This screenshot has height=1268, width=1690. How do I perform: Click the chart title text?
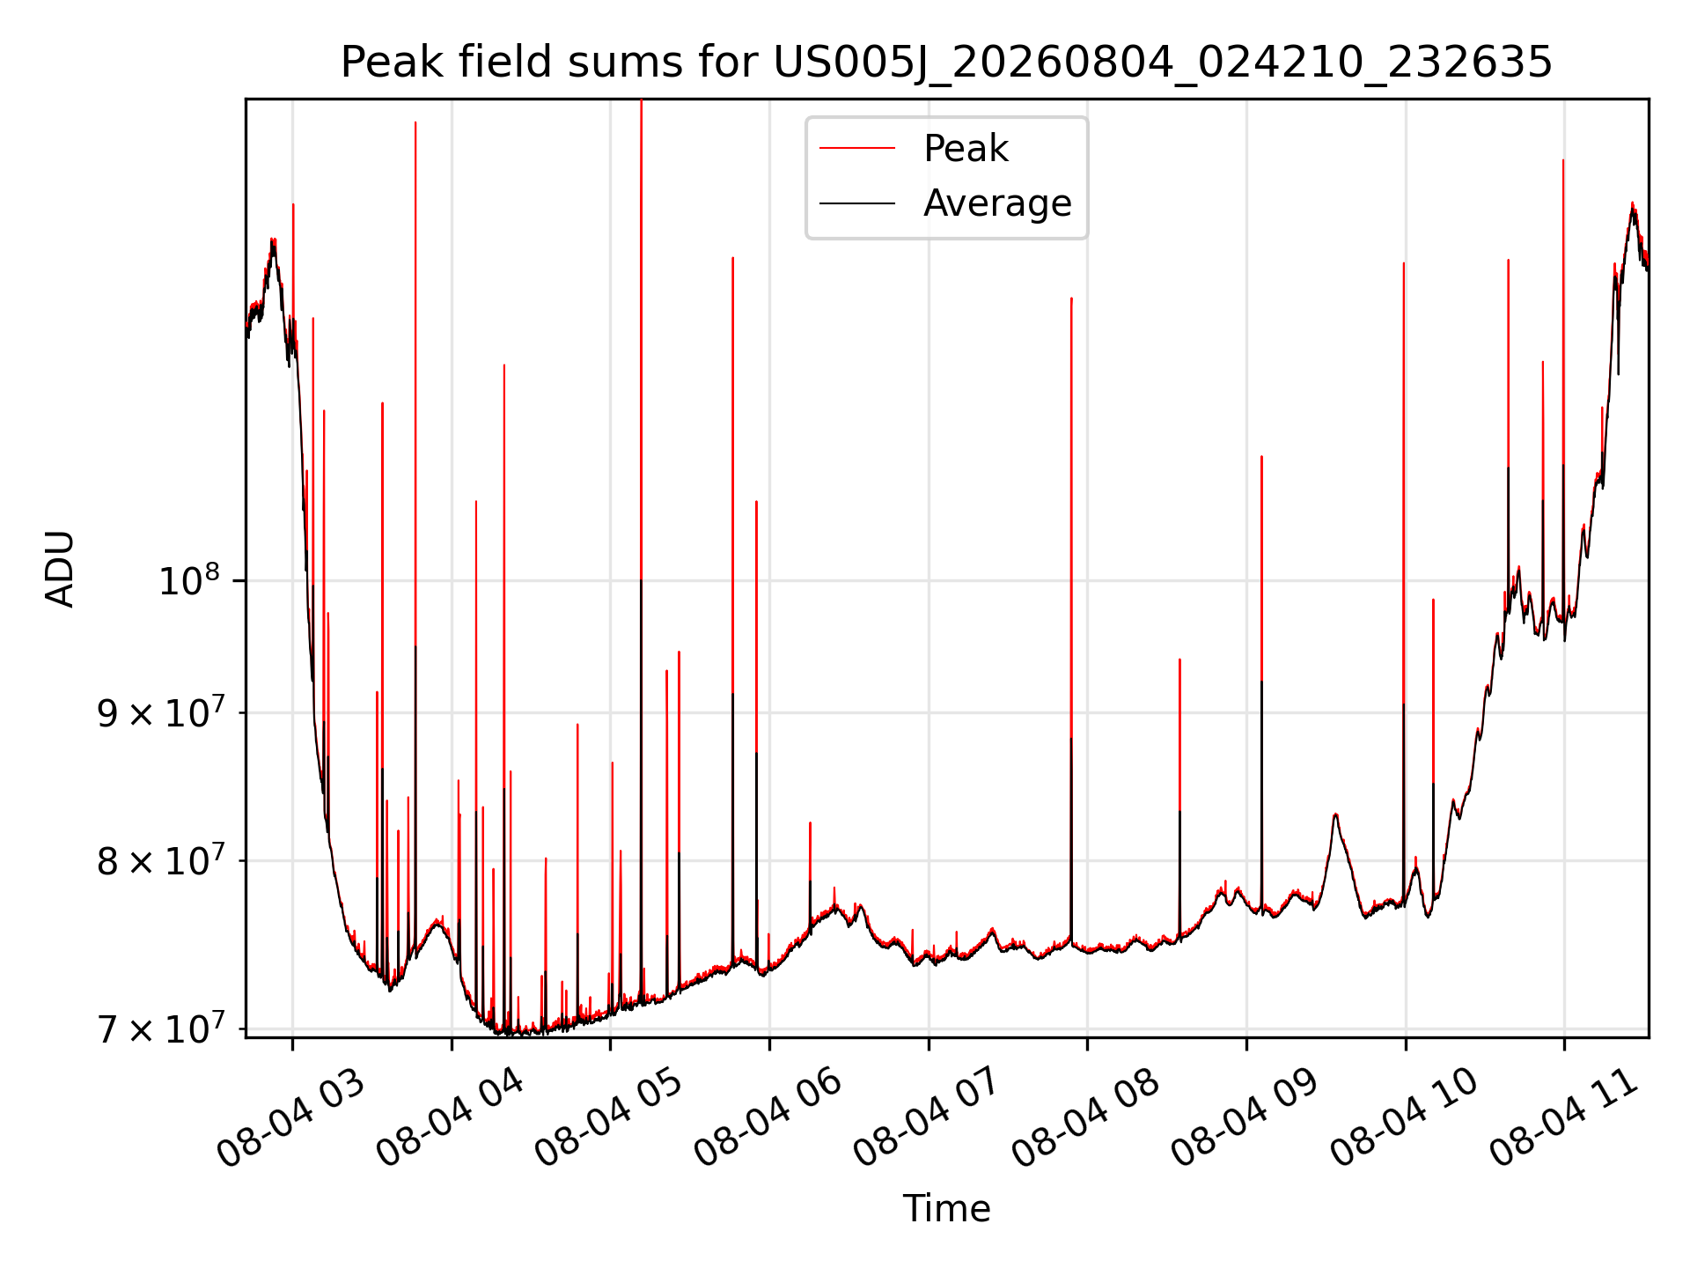(946, 63)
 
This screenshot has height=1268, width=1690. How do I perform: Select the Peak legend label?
(966, 149)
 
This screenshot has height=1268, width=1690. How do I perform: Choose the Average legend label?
(997, 203)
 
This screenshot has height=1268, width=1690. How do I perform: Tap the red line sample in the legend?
(857, 149)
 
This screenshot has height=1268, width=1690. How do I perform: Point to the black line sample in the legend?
(857, 203)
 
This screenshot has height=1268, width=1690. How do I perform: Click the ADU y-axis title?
(60, 568)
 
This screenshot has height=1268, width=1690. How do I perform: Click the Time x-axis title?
(946, 1208)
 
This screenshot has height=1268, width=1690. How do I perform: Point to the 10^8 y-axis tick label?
(188, 580)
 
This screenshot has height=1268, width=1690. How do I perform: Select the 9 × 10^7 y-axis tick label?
(159, 712)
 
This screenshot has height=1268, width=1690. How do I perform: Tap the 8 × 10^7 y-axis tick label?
(159, 860)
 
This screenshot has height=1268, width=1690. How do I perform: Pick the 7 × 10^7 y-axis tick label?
(159, 1028)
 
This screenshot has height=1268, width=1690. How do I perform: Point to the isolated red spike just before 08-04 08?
(1071, 616)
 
